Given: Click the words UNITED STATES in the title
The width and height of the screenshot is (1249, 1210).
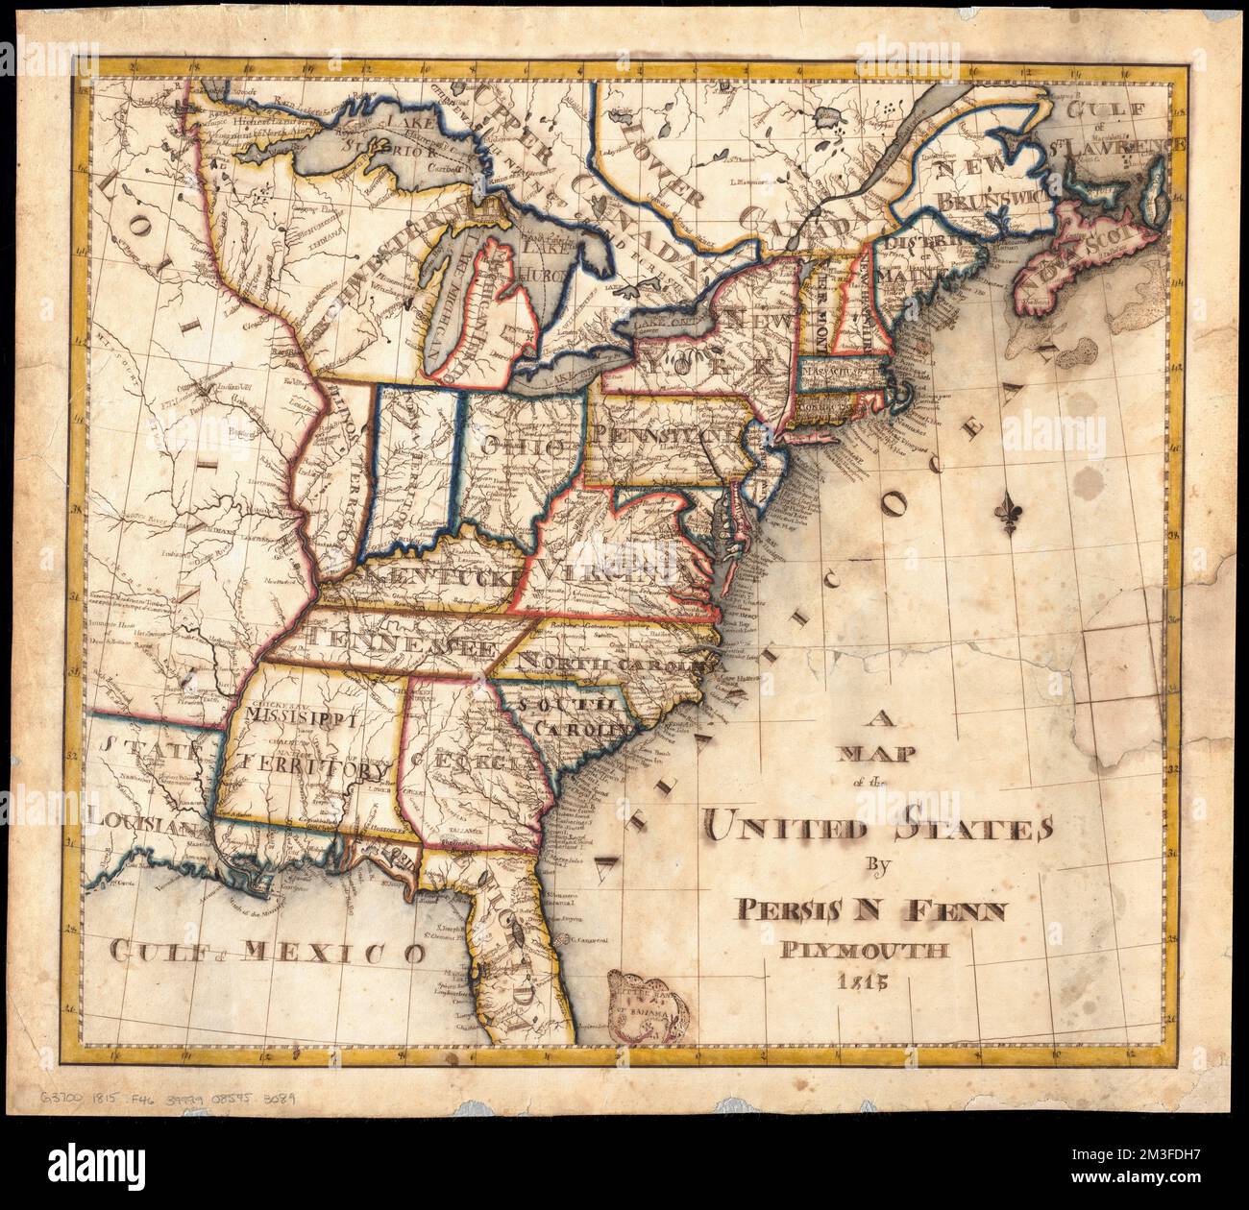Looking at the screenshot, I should [878, 825].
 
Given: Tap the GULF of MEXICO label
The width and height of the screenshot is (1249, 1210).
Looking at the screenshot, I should [267, 953].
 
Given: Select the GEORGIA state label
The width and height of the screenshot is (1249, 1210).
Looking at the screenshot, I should [471, 762].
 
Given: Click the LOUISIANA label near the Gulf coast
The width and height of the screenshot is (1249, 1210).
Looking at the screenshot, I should [141, 824].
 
